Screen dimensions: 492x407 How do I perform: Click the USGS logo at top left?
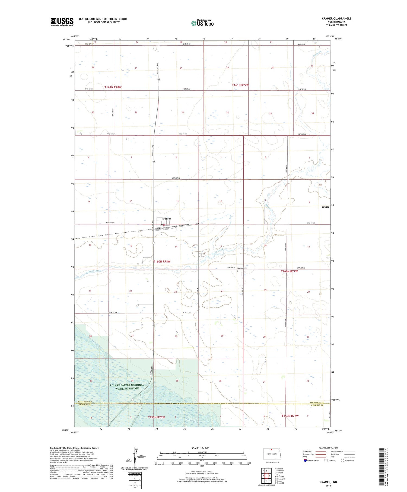tap(62, 22)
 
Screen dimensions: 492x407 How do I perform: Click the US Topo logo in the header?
tap(202, 23)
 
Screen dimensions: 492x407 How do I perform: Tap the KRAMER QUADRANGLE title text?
tap(336, 18)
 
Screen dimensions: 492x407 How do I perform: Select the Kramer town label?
tap(166, 219)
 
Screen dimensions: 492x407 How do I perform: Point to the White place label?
tap(325, 207)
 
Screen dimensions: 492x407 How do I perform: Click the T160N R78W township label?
tap(162, 262)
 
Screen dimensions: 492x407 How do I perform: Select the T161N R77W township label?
tap(240, 85)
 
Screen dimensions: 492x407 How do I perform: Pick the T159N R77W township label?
tap(290, 416)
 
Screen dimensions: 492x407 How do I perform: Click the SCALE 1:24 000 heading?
tap(200, 448)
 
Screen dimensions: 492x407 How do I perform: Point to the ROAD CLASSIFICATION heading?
tap(328, 448)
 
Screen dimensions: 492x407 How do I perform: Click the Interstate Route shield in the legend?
tap(305, 460)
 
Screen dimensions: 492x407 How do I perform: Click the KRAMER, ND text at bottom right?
tap(328, 482)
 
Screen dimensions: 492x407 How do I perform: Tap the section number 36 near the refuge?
tap(220, 381)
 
